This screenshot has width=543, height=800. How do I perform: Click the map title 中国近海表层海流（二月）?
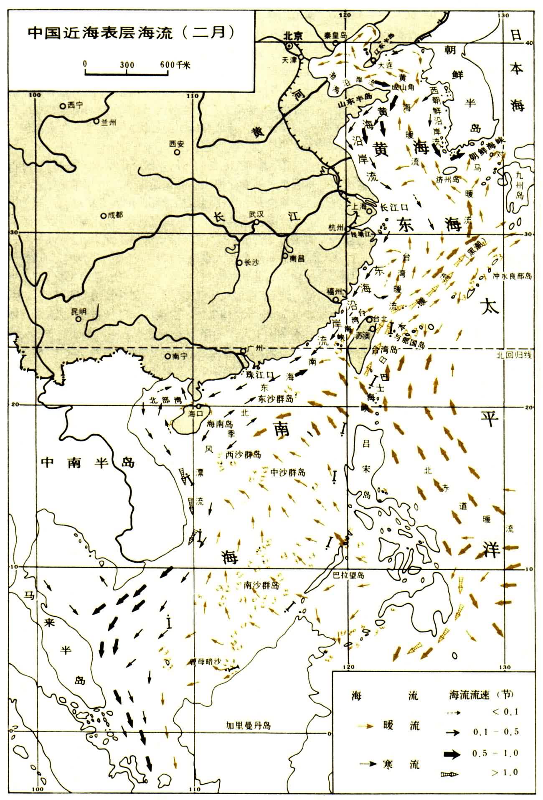[x=130, y=33]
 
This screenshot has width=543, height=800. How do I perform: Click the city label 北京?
[x=292, y=36]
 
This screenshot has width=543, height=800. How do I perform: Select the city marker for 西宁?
[x=62, y=106]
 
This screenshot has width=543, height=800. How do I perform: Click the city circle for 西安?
[x=177, y=153]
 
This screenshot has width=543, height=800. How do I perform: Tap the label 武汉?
[x=257, y=214]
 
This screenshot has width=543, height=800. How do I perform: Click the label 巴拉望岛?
[x=346, y=576]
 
